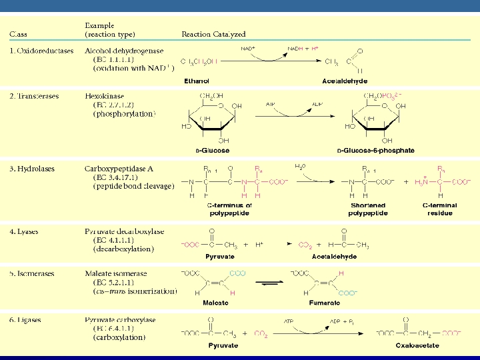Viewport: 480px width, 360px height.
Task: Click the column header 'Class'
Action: pyautogui.click(x=18, y=34)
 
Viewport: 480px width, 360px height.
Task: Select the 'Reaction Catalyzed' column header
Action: pyautogui.click(x=214, y=34)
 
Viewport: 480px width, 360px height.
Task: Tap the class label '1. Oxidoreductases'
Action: pyautogui.click(x=42, y=51)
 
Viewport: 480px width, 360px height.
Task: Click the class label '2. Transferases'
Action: pyautogui.click(x=34, y=96)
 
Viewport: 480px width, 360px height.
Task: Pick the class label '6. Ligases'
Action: pyautogui.click(x=27, y=320)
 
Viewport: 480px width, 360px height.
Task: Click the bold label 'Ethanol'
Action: pyautogui.click(x=196, y=81)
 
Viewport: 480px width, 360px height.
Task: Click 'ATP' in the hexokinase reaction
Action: pyautogui.click(x=271, y=105)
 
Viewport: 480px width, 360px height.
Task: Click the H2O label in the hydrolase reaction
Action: pyautogui.click(x=301, y=166)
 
